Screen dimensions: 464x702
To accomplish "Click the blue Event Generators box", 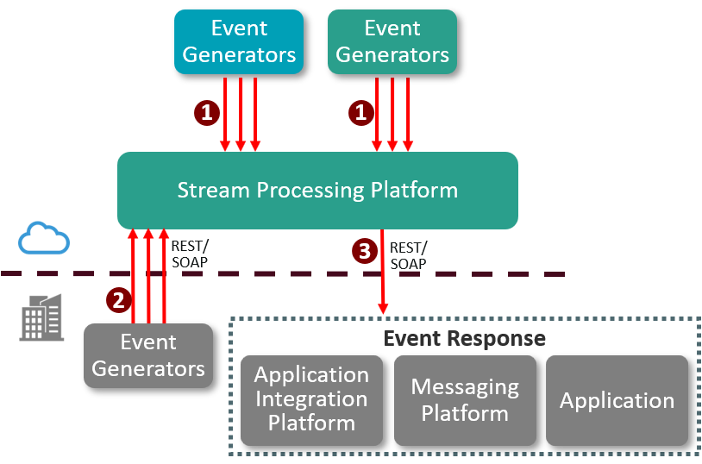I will click(239, 41).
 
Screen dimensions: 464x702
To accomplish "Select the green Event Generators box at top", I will click(392, 41).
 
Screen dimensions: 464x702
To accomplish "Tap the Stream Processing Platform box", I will click(317, 190).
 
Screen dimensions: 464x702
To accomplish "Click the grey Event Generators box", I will click(148, 355).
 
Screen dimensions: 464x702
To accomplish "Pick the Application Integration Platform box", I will click(311, 399).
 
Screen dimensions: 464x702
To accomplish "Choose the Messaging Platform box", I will click(465, 399).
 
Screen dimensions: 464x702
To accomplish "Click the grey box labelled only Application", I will click(617, 400).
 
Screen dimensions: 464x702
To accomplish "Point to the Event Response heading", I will click(464, 338).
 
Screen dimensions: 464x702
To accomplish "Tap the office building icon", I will click(42, 317).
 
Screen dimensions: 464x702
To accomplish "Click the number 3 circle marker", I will click(364, 251).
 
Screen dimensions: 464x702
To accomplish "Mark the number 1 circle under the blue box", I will click(206, 111).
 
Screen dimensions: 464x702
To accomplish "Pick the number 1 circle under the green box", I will click(361, 111).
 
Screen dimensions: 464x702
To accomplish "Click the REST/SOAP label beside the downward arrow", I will click(409, 256).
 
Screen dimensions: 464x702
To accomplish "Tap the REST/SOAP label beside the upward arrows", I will click(190, 253).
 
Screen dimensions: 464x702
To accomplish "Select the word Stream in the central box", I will click(208, 190).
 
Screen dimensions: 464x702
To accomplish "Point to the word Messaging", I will click(465, 387).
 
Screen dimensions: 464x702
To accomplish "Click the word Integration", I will click(311, 399).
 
